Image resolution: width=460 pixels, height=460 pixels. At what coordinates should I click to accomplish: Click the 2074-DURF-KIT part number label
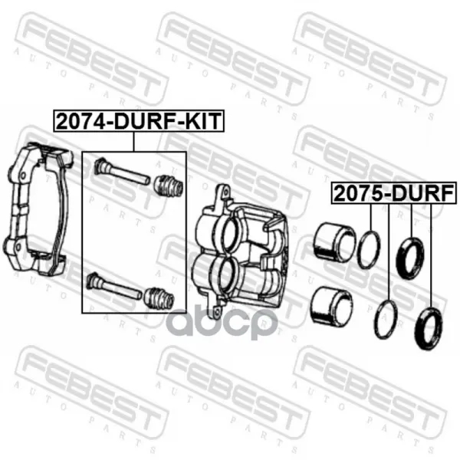pos(139,120)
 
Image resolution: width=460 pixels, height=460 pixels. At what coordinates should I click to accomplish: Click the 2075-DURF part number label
pos(394,193)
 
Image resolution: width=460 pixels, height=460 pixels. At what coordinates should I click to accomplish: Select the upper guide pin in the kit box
pos(122,172)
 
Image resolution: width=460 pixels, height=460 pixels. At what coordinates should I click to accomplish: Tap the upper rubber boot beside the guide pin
pos(169,186)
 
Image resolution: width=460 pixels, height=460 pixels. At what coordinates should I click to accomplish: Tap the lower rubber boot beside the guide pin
pos(159,299)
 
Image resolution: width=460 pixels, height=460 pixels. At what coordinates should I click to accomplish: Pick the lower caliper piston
pos(332,306)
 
